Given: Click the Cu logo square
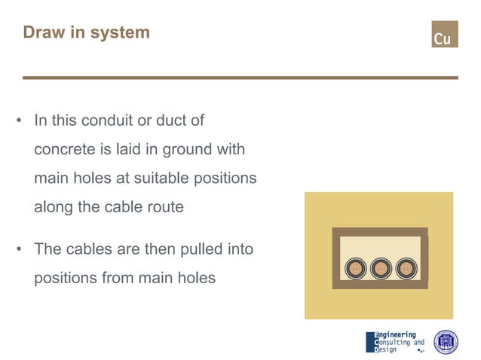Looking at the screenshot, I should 444,34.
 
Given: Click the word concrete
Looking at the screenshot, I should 65,150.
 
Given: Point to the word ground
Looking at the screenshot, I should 187,150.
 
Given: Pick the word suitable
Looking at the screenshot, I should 155,179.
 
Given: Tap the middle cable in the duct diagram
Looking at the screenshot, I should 380,268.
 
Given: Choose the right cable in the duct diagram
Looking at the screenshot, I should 406,268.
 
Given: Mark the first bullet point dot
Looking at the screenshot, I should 19,121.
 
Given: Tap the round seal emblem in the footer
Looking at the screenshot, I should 446,341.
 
